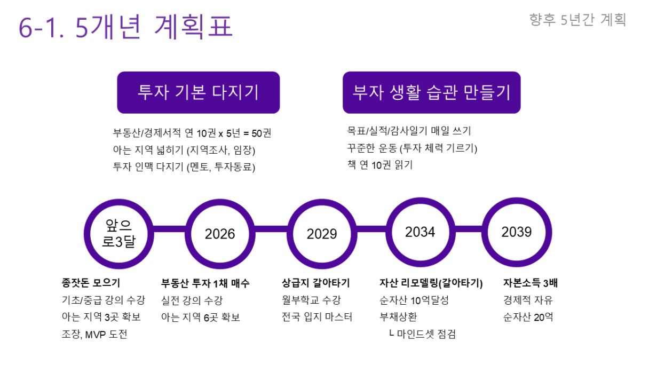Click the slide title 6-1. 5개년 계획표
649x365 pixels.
(126, 27)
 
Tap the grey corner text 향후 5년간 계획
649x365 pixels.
(577, 20)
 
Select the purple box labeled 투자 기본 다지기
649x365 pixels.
(199, 92)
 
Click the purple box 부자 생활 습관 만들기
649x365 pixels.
(432, 92)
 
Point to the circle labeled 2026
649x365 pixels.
(220, 234)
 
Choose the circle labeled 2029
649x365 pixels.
(322, 234)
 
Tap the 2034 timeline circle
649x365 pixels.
(420, 232)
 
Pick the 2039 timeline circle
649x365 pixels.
(517, 232)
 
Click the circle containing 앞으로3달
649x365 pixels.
(119, 234)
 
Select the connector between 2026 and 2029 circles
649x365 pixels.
(271, 229)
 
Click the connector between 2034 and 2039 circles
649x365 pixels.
(469, 229)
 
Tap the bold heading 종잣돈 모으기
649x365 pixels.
(91, 283)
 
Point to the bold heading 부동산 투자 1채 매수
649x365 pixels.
(205, 283)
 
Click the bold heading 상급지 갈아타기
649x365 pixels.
(316, 283)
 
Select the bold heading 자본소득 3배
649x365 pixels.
(530, 283)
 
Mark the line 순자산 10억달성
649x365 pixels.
(414, 300)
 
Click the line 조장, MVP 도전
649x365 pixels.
(94, 334)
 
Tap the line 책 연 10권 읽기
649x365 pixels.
(380, 165)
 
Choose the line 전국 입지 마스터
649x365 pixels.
(317, 317)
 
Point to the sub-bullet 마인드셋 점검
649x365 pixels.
(426, 334)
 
